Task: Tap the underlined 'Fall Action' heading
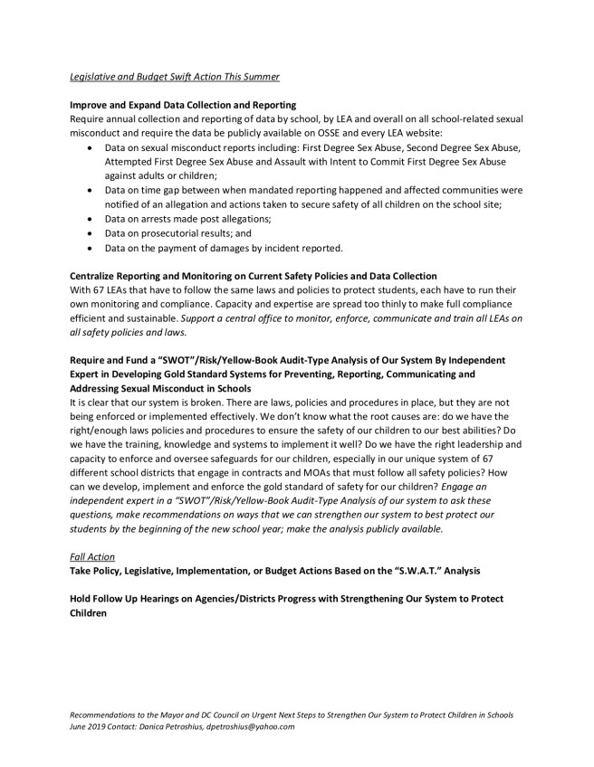[x=95, y=556]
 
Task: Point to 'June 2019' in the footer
[x=88, y=726]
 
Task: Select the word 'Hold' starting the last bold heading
[x=82, y=599]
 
